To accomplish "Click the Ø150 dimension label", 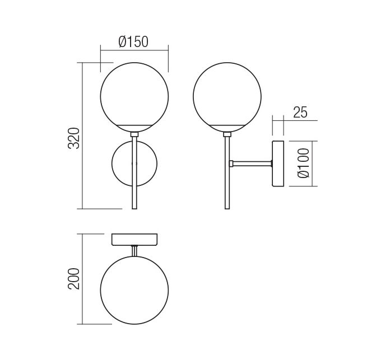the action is [x=133, y=41].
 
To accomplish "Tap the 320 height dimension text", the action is [x=74, y=138].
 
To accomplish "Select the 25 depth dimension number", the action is [x=300, y=112].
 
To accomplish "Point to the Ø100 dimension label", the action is [x=303, y=163].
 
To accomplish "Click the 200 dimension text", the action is [x=73, y=279].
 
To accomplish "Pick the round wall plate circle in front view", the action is [x=112, y=163].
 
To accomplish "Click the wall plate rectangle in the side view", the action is [x=278, y=163].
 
